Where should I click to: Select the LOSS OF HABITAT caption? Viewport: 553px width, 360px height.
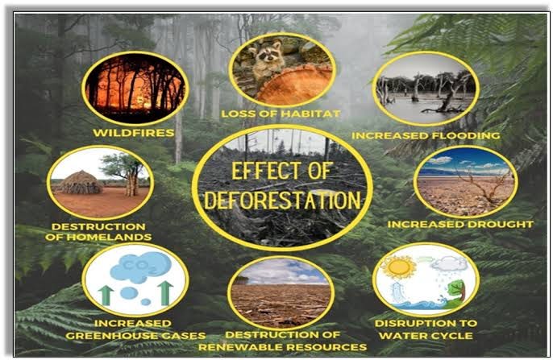pyautogui.click(x=281, y=114)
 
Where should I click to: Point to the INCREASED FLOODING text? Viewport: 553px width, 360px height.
pyautogui.click(x=426, y=134)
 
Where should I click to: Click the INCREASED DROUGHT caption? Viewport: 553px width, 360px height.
pyautogui.click(x=460, y=223)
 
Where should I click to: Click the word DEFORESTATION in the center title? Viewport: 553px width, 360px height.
pyautogui.click(x=282, y=200)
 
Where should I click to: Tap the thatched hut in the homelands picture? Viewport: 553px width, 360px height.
pyautogui.click(x=80, y=184)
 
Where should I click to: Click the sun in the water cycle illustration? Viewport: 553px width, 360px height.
pyautogui.click(x=400, y=267)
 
